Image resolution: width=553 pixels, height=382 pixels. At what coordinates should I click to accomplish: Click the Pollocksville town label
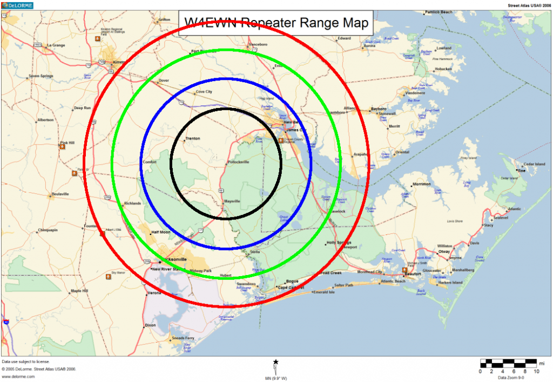point(239,162)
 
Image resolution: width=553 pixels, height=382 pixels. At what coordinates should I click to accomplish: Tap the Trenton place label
point(192,139)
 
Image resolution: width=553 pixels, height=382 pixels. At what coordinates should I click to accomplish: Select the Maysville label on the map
point(232,202)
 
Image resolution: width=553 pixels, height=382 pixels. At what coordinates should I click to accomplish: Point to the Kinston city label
point(118,62)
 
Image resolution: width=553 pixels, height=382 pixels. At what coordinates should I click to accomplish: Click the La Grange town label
point(56,45)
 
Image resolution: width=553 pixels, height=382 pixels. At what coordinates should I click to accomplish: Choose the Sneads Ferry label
point(183,338)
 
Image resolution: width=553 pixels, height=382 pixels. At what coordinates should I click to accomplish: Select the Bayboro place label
point(380,109)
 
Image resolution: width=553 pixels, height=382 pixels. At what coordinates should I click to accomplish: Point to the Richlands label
point(132,204)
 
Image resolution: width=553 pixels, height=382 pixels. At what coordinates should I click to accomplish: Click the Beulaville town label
point(60,194)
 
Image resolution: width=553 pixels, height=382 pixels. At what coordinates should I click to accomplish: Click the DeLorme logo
point(17,5)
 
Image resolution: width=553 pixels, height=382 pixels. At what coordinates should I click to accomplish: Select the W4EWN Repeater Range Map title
point(276,23)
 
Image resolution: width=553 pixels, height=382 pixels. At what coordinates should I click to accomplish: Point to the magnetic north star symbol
point(276,361)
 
